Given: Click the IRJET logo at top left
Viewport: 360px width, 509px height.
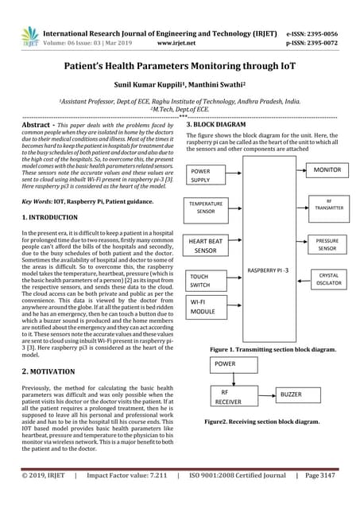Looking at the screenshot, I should [x=29, y=36].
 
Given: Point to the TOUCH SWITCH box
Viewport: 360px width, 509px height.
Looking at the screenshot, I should [x=205, y=280].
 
